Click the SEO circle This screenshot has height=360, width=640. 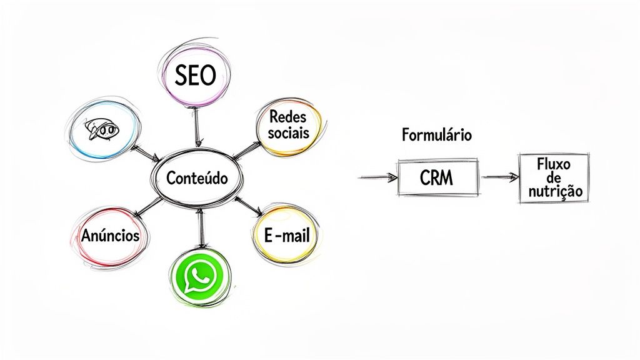click(x=194, y=76)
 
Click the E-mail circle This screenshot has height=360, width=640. click(x=286, y=236)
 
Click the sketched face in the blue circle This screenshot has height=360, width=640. click(x=102, y=131)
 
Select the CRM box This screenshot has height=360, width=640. click(x=437, y=178)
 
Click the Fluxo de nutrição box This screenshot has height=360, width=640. click(x=554, y=178)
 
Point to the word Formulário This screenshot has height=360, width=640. click(x=437, y=134)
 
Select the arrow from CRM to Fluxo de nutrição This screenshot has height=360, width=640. click(x=500, y=177)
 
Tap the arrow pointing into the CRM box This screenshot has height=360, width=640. click(x=378, y=177)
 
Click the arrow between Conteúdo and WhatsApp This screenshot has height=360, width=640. click(x=199, y=229)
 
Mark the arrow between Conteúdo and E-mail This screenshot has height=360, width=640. click(x=249, y=207)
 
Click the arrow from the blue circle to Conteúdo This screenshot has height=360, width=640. click(x=145, y=153)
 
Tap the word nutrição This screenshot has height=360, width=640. click(x=554, y=192)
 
